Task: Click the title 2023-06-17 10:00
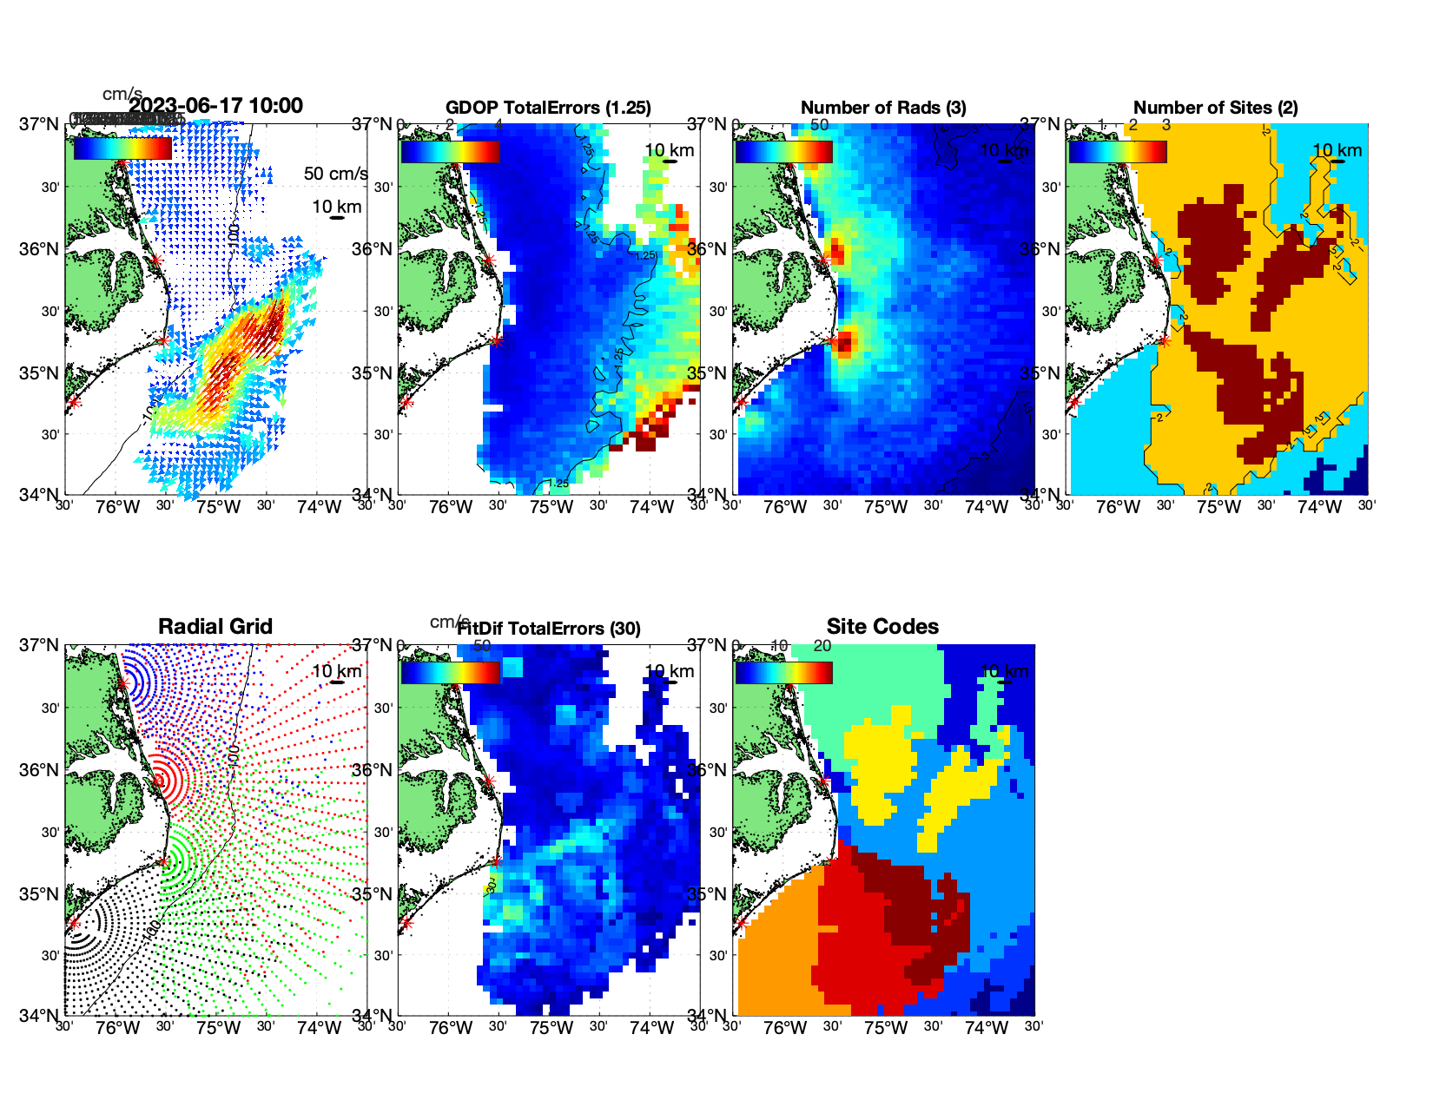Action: point(216,106)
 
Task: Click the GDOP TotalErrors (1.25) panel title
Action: point(548,108)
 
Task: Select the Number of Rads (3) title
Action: point(883,108)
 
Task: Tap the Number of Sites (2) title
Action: point(1215,108)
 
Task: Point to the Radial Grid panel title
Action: point(215,627)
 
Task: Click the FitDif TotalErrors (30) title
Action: point(549,629)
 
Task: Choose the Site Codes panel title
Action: point(882,627)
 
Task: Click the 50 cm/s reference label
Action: point(335,174)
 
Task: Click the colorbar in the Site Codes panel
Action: point(783,673)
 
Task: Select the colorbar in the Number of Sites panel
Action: point(1118,152)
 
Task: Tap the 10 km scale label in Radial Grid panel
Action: point(336,671)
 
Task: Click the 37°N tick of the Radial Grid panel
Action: point(39,645)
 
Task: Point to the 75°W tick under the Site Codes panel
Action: point(885,1029)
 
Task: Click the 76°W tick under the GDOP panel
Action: point(451,508)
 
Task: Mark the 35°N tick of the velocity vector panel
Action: point(39,373)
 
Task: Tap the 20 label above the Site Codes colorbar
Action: point(822,646)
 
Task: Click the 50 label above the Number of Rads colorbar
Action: point(819,125)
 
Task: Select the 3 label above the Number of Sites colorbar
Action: point(1166,125)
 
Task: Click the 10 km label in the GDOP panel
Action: point(669,150)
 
